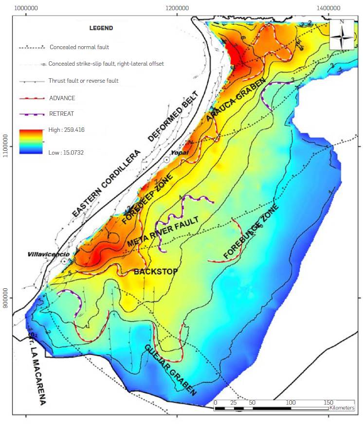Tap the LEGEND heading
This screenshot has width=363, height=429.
(101, 28)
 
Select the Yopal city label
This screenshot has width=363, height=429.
(176, 152)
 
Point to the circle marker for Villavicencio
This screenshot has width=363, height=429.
(64, 261)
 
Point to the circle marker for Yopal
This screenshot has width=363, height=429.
(166, 160)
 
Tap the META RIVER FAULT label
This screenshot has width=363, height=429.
(163, 232)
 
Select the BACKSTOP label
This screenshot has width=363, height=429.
(155, 271)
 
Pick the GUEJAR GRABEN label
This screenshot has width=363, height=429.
(171, 370)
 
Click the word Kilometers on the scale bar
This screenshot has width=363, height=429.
(342, 408)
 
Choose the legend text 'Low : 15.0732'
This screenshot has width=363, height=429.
(66, 152)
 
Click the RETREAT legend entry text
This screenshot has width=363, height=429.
(62, 115)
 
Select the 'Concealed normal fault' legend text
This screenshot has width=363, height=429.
(79, 47)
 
